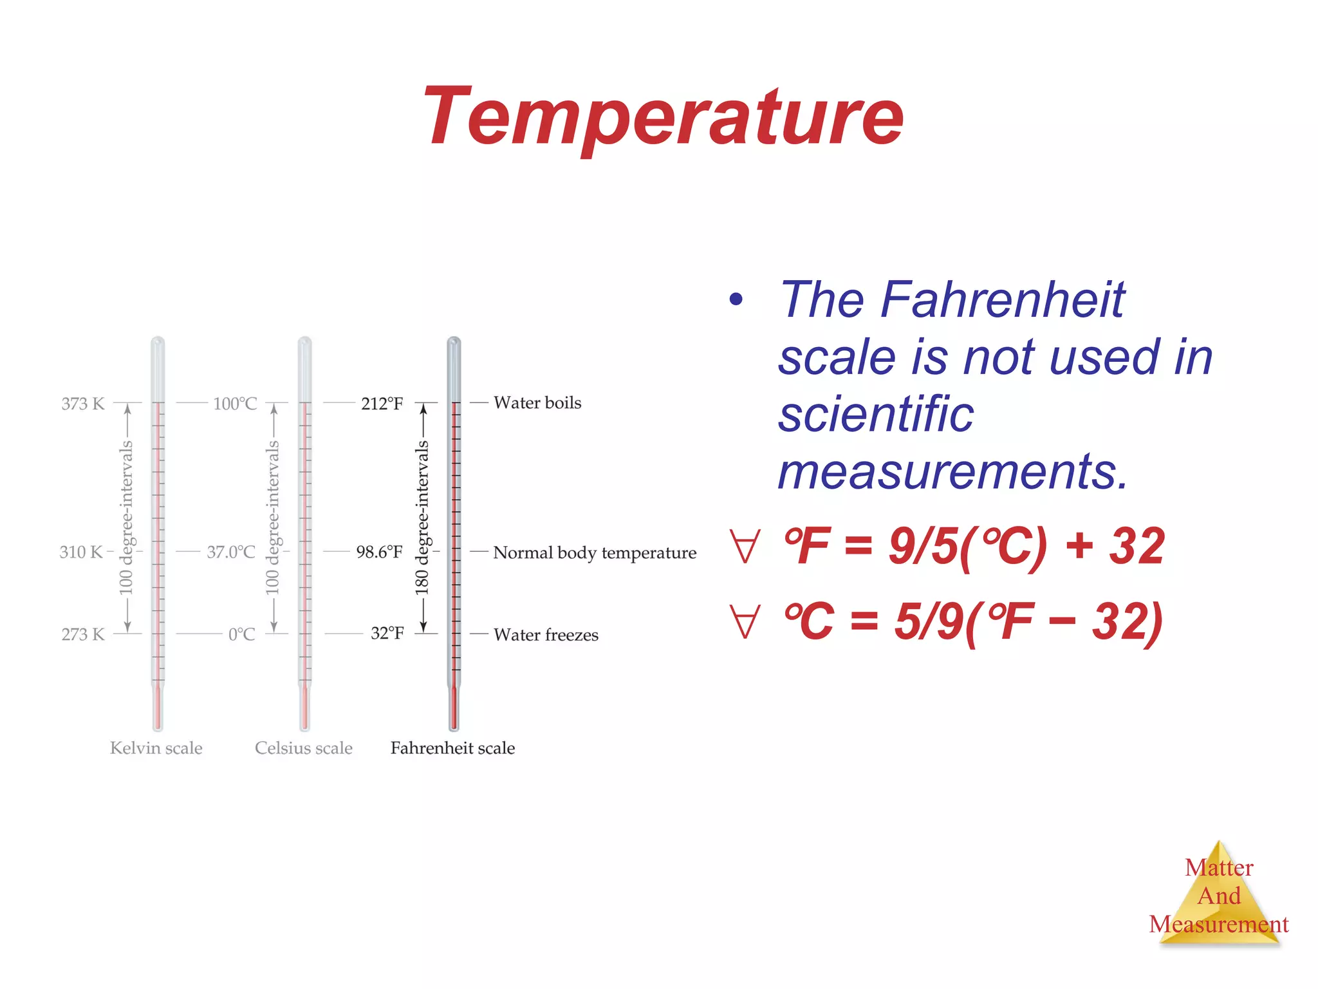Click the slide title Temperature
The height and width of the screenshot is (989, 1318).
point(663,117)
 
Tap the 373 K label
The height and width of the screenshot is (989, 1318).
point(82,404)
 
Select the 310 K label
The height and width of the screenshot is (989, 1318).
point(81,552)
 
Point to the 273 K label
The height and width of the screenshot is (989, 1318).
point(83,634)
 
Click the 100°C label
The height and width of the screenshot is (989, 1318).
point(235,404)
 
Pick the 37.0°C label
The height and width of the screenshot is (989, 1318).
point(231,552)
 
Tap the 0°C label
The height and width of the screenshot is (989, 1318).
point(241,634)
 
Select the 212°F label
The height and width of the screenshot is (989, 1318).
point(382,404)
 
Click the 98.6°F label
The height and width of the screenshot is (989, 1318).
point(379,552)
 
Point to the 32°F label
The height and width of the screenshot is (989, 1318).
point(387,633)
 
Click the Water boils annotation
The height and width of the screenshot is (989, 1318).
point(537,402)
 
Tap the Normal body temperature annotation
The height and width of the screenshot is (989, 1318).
point(595,552)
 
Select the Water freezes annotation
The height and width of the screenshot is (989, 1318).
point(546,635)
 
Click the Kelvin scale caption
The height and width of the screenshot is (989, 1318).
point(156,748)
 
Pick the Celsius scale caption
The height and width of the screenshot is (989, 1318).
point(304,748)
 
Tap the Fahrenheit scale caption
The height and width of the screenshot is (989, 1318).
point(452,748)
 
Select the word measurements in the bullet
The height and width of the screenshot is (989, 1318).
point(952,471)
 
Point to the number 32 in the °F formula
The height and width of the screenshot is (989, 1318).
point(1137,546)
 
